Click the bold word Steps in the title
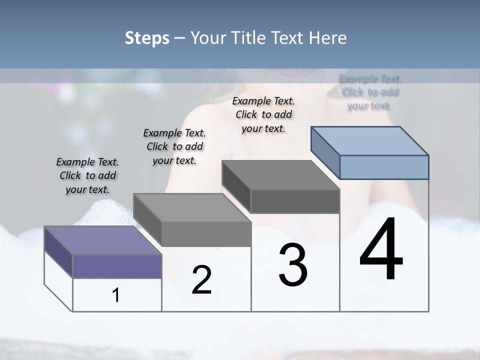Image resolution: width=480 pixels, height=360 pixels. [x=147, y=38]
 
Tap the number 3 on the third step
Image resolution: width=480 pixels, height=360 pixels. [x=293, y=264]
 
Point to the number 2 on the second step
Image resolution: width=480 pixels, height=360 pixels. [x=201, y=280]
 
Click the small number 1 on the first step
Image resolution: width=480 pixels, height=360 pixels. [x=115, y=295]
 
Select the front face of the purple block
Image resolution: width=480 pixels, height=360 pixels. [x=117, y=266]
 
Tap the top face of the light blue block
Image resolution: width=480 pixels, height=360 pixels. [x=369, y=140]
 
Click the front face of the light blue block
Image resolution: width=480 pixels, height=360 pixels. [x=383, y=167]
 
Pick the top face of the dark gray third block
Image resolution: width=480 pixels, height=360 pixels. [x=280, y=175]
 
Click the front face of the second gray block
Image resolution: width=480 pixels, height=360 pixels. [x=206, y=234]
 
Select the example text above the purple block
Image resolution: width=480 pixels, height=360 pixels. [x=87, y=176]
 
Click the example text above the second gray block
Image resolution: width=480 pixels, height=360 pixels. [x=174, y=147]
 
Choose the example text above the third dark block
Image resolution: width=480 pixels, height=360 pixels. [x=263, y=115]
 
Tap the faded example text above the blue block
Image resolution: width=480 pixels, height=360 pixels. [x=369, y=92]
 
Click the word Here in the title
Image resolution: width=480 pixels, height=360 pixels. [x=328, y=38]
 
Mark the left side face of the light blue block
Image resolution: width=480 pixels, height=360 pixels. [x=325, y=152]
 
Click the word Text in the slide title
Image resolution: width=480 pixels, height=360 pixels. [x=289, y=38]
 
